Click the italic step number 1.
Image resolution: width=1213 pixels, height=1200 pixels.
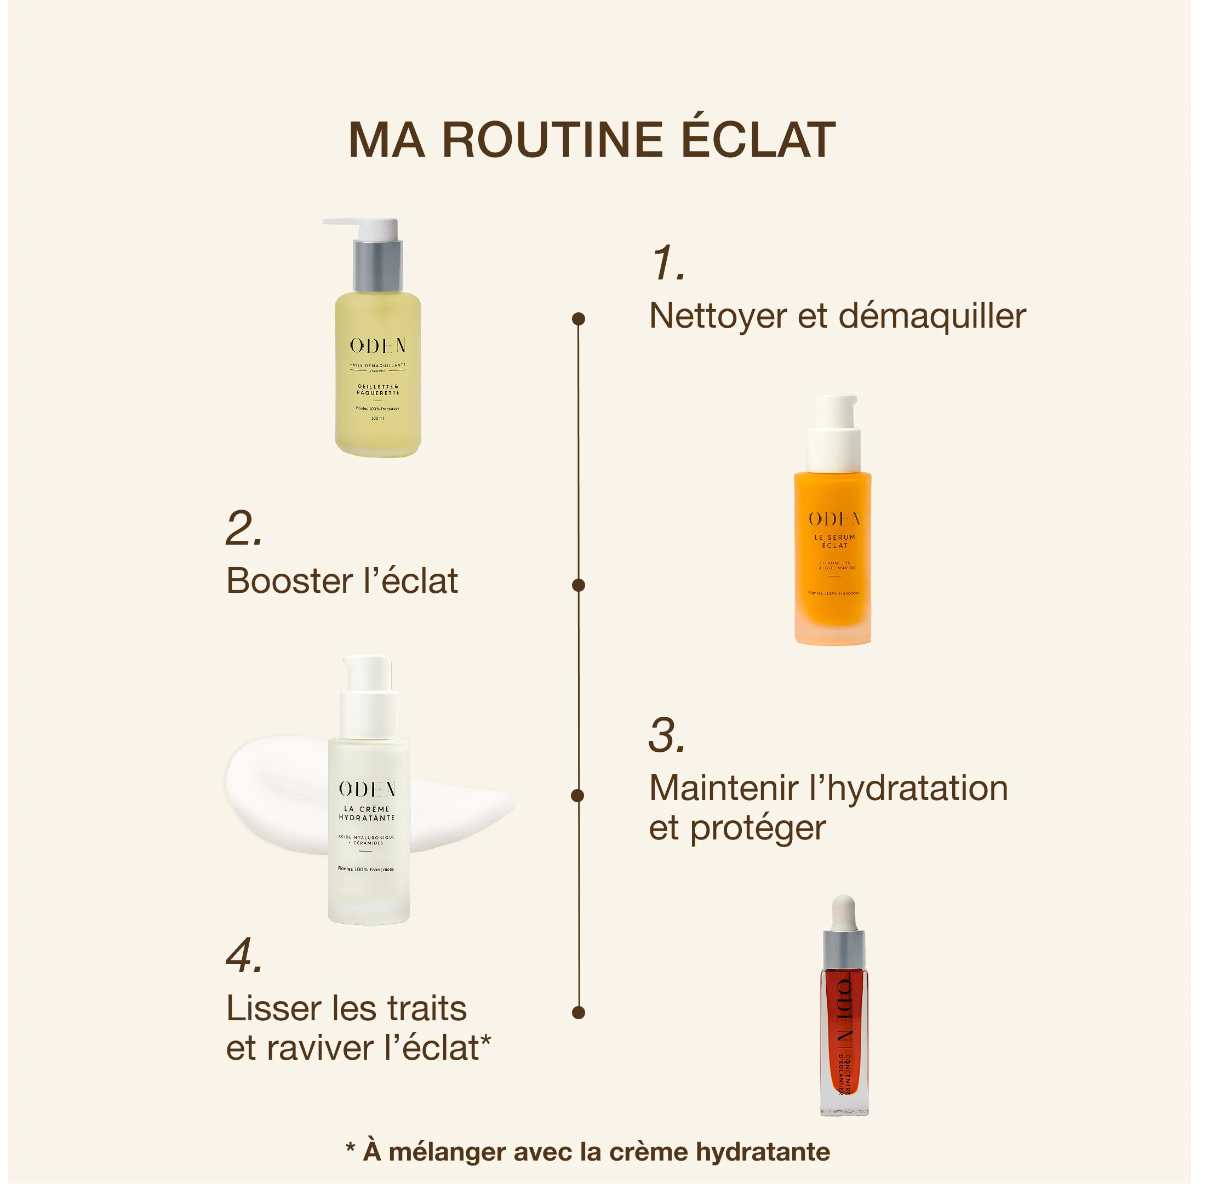click(x=667, y=263)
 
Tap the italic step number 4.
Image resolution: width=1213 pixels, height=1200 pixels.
click(x=244, y=956)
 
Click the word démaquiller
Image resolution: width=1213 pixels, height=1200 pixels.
click(x=932, y=316)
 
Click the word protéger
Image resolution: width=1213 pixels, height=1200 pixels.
click(x=758, y=828)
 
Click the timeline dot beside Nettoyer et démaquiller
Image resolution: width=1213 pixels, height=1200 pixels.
click(x=579, y=319)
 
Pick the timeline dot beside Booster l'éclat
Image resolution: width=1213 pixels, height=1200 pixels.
click(x=579, y=585)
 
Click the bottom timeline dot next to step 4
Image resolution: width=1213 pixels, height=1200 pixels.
click(x=579, y=1012)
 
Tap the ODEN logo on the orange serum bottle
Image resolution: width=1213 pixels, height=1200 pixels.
click(x=834, y=519)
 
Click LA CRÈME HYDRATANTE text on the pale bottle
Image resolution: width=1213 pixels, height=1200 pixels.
click(x=367, y=813)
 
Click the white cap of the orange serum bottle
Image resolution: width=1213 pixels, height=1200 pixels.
click(x=834, y=433)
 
